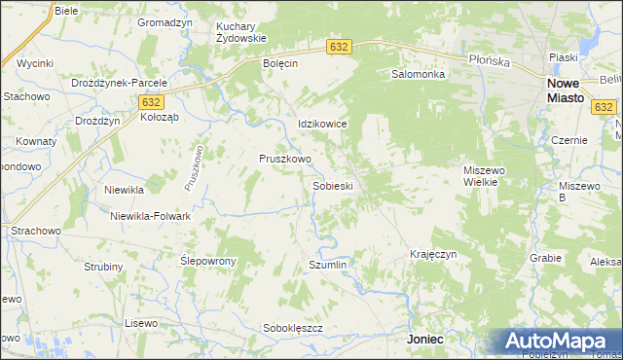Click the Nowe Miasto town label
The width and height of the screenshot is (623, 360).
[559, 90]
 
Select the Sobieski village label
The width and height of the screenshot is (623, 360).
[332, 185]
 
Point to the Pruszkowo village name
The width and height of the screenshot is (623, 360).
[284, 159]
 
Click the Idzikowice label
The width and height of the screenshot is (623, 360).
[322, 125]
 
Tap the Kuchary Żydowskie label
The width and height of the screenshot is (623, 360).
[241, 32]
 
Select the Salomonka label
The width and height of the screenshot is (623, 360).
[418, 74]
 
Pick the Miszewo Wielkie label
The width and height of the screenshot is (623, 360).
[482, 175]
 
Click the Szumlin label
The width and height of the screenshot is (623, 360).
[327, 265]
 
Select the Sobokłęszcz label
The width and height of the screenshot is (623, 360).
[293, 328]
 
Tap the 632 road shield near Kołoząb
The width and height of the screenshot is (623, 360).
[150, 101]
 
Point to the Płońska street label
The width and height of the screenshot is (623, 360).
[489, 60]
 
